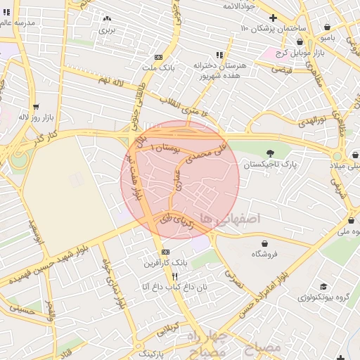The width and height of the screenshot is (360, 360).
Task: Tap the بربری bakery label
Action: coord(106,30)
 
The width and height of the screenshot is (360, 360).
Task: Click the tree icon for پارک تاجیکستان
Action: coord(271,153)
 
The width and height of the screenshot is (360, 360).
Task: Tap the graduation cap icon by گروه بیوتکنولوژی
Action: coord(324,286)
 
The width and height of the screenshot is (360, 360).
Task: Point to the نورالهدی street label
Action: coord(311,120)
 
